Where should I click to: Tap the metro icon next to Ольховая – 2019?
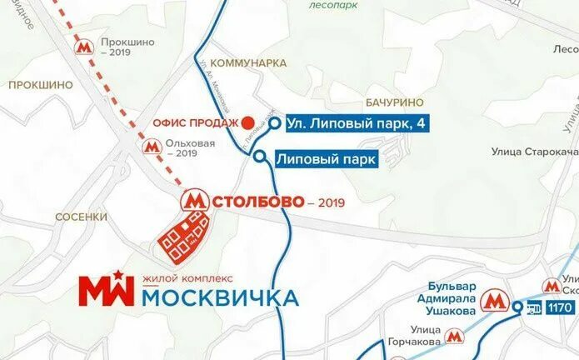(x=151, y=147)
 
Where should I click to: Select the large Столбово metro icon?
(x=195, y=201)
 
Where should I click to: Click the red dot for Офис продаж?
(x=247, y=123)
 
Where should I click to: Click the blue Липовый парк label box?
(x=326, y=157)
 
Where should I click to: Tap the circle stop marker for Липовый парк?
(x=260, y=157)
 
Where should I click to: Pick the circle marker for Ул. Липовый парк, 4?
(x=274, y=123)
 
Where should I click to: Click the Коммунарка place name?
(x=248, y=63)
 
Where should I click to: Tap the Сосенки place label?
(x=81, y=217)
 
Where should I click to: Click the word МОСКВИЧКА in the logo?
(x=220, y=297)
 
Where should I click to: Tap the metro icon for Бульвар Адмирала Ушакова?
(x=496, y=299)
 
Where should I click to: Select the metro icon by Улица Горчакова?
(x=454, y=336)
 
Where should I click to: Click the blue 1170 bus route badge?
(x=560, y=307)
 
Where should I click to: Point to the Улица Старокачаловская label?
(x=533, y=151)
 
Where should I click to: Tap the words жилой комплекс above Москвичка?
(x=187, y=277)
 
